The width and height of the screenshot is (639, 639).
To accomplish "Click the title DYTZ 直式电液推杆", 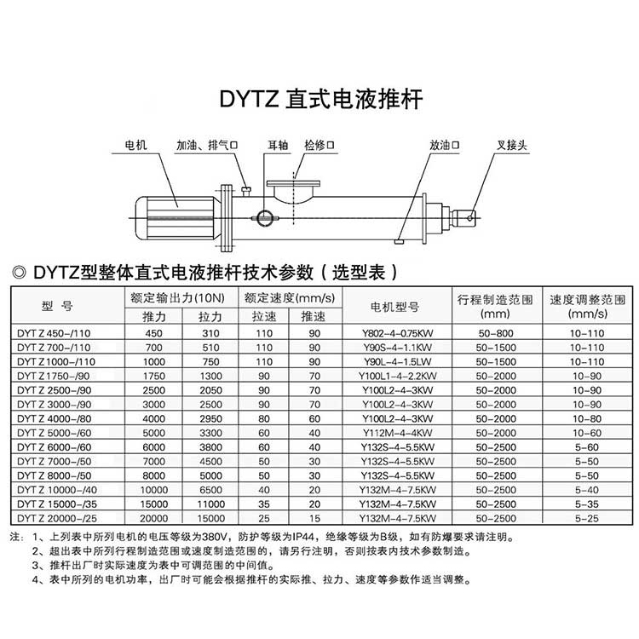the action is click(x=321, y=100).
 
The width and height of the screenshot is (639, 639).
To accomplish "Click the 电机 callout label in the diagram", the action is click(x=135, y=145).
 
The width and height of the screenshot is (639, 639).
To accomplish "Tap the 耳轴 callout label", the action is click(x=278, y=145).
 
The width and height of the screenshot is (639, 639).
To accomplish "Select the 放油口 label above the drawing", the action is click(x=444, y=145).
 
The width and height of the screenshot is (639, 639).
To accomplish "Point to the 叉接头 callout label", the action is click(x=512, y=145).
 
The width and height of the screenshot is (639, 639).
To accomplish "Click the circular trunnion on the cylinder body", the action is click(x=264, y=218).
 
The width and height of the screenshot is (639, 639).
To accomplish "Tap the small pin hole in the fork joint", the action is click(x=469, y=218).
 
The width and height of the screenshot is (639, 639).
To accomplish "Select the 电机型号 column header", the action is click(x=394, y=307).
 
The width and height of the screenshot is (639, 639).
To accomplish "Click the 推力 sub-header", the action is click(x=153, y=317).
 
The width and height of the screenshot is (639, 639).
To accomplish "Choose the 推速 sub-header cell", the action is click(x=314, y=317).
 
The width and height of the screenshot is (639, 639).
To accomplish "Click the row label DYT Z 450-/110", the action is click(x=54, y=333).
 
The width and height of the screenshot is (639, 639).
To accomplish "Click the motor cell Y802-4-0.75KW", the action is click(x=398, y=333).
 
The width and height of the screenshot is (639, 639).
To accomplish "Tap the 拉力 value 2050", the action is click(x=210, y=390).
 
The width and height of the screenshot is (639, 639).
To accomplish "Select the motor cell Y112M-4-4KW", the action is click(x=398, y=433).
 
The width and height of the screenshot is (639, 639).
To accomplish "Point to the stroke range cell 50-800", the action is click(x=496, y=333).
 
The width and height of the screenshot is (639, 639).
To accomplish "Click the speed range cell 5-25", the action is click(x=587, y=518).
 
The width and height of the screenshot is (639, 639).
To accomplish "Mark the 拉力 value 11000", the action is click(x=210, y=504).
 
